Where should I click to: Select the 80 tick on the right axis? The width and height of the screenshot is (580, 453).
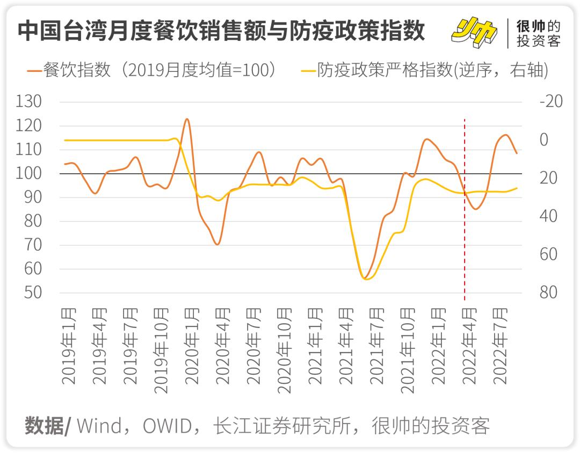[548, 293]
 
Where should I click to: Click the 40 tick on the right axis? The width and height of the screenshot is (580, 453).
[548, 216]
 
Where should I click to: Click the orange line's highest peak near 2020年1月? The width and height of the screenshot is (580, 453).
[186, 119]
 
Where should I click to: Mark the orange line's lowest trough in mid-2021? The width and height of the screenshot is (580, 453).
[364, 278]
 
